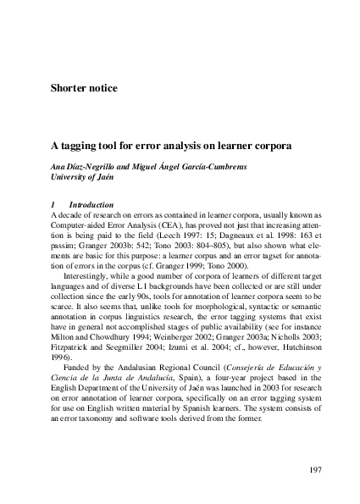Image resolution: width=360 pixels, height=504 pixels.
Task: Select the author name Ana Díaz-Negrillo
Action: point(87,166)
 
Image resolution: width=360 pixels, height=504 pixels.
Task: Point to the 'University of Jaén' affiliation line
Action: point(83,177)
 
